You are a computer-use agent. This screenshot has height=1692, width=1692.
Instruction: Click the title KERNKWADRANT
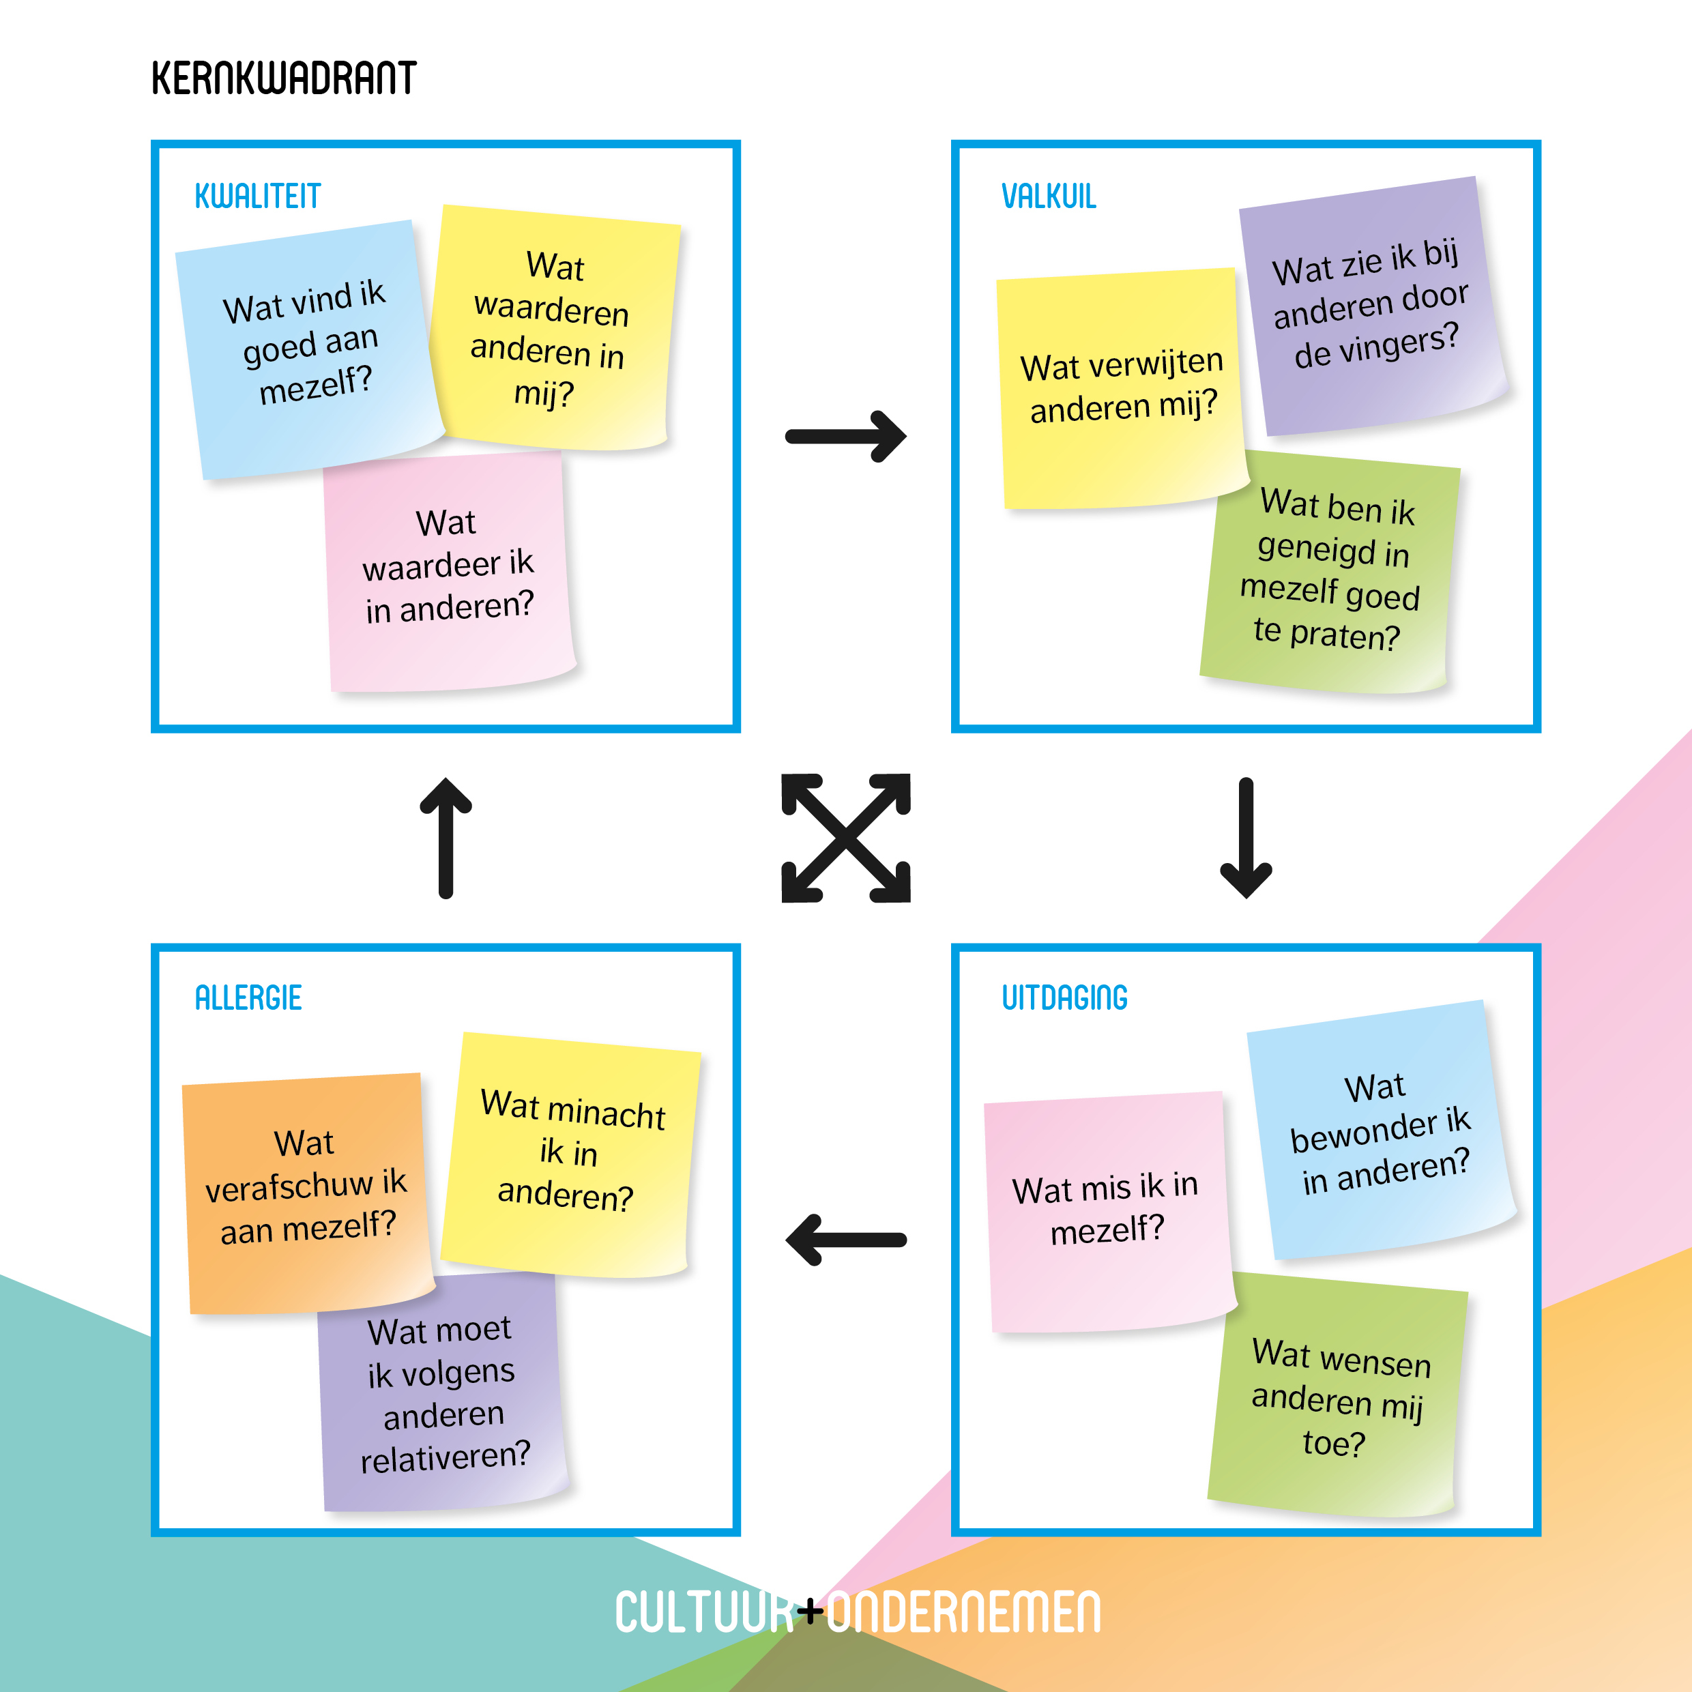(x=283, y=79)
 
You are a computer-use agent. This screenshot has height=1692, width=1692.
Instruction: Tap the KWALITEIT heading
(x=257, y=196)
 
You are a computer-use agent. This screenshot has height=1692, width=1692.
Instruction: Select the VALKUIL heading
(x=1049, y=196)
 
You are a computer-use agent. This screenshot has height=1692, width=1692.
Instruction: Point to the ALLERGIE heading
(x=248, y=997)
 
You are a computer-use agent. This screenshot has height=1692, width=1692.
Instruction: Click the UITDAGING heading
(x=1064, y=997)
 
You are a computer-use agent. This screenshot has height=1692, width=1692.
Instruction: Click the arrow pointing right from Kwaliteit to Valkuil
(x=845, y=436)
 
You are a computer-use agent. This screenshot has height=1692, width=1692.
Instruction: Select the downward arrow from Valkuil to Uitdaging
(x=1245, y=838)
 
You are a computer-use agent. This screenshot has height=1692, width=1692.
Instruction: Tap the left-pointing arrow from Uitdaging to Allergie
(x=845, y=1239)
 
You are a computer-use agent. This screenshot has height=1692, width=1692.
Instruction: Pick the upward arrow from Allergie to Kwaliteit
(x=446, y=838)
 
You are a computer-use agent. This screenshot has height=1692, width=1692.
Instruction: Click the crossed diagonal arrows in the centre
(x=846, y=838)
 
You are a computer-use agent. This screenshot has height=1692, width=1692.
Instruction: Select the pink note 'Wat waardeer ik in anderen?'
(x=448, y=569)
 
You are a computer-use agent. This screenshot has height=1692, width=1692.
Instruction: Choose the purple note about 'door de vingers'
(x=1371, y=306)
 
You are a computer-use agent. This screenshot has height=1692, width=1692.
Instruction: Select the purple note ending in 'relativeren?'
(x=442, y=1397)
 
